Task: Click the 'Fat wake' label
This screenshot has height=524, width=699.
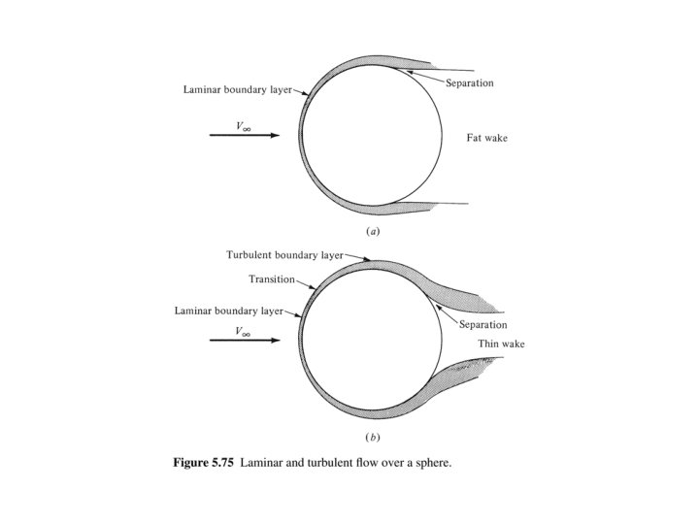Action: pyautogui.click(x=486, y=139)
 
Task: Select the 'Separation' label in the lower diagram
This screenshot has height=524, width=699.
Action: pyautogui.click(x=483, y=325)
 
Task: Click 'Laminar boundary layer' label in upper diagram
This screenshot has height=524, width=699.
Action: pyautogui.click(x=237, y=89)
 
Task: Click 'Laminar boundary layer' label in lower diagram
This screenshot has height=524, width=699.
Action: pyautogui.click(x=228, y=311)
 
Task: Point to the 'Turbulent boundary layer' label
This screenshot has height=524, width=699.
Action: pyautogui.click(x=284, y=254)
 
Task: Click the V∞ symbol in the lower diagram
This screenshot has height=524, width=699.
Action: pyautogui.click(x=245, y=331)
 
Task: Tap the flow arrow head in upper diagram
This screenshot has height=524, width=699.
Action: pyautogui.click(x=275, y=136)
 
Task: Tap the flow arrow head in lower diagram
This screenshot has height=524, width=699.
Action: pyautogui.click(x=275, y=341)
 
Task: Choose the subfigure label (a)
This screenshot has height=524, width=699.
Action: pyautogui.click(x=372, y=233)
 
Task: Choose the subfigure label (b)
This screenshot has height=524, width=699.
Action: pyautogui.click(x=372, y=439)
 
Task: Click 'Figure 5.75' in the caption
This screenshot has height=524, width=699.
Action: pyautogui.click(x=206, y=462)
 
